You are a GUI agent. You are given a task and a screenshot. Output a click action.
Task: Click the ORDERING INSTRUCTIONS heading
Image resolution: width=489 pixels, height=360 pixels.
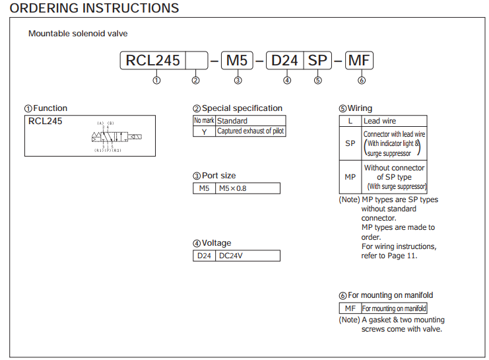94,9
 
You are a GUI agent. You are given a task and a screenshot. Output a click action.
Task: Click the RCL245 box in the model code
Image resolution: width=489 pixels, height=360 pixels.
153,61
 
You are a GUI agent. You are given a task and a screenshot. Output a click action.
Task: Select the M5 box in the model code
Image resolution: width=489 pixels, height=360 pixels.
237,61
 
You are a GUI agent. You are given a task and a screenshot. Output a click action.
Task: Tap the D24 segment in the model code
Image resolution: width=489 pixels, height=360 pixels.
285,61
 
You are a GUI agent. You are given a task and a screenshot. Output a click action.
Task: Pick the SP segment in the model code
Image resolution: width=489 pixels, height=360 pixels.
317,61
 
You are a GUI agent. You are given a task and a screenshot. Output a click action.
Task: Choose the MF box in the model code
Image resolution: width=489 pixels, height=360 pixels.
360,61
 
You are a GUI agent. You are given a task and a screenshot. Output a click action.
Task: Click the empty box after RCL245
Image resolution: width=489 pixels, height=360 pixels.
196,61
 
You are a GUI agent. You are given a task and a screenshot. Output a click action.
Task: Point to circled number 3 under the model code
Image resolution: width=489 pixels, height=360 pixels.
238,81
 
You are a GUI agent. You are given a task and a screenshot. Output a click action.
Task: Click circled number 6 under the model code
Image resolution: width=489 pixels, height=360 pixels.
361,81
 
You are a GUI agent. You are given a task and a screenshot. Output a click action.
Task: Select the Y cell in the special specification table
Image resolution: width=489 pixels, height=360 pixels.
204,131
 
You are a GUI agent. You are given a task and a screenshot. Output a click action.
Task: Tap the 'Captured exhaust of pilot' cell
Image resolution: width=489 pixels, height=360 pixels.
251,131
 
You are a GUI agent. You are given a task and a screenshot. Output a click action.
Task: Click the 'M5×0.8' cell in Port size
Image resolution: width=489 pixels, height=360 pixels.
247,188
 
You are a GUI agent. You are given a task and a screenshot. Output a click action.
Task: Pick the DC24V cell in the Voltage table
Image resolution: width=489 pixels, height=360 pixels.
247,256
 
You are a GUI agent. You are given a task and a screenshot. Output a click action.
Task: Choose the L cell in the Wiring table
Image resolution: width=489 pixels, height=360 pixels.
350,121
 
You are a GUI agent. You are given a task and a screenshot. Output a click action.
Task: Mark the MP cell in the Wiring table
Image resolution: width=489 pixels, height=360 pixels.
350,177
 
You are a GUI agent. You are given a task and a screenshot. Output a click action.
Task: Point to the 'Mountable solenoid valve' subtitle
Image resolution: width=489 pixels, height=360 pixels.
78,34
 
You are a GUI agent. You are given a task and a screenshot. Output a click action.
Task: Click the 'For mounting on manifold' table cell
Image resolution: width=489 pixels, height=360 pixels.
394,308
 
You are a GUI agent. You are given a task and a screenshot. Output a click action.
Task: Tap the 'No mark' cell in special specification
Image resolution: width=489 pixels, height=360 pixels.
204,121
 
